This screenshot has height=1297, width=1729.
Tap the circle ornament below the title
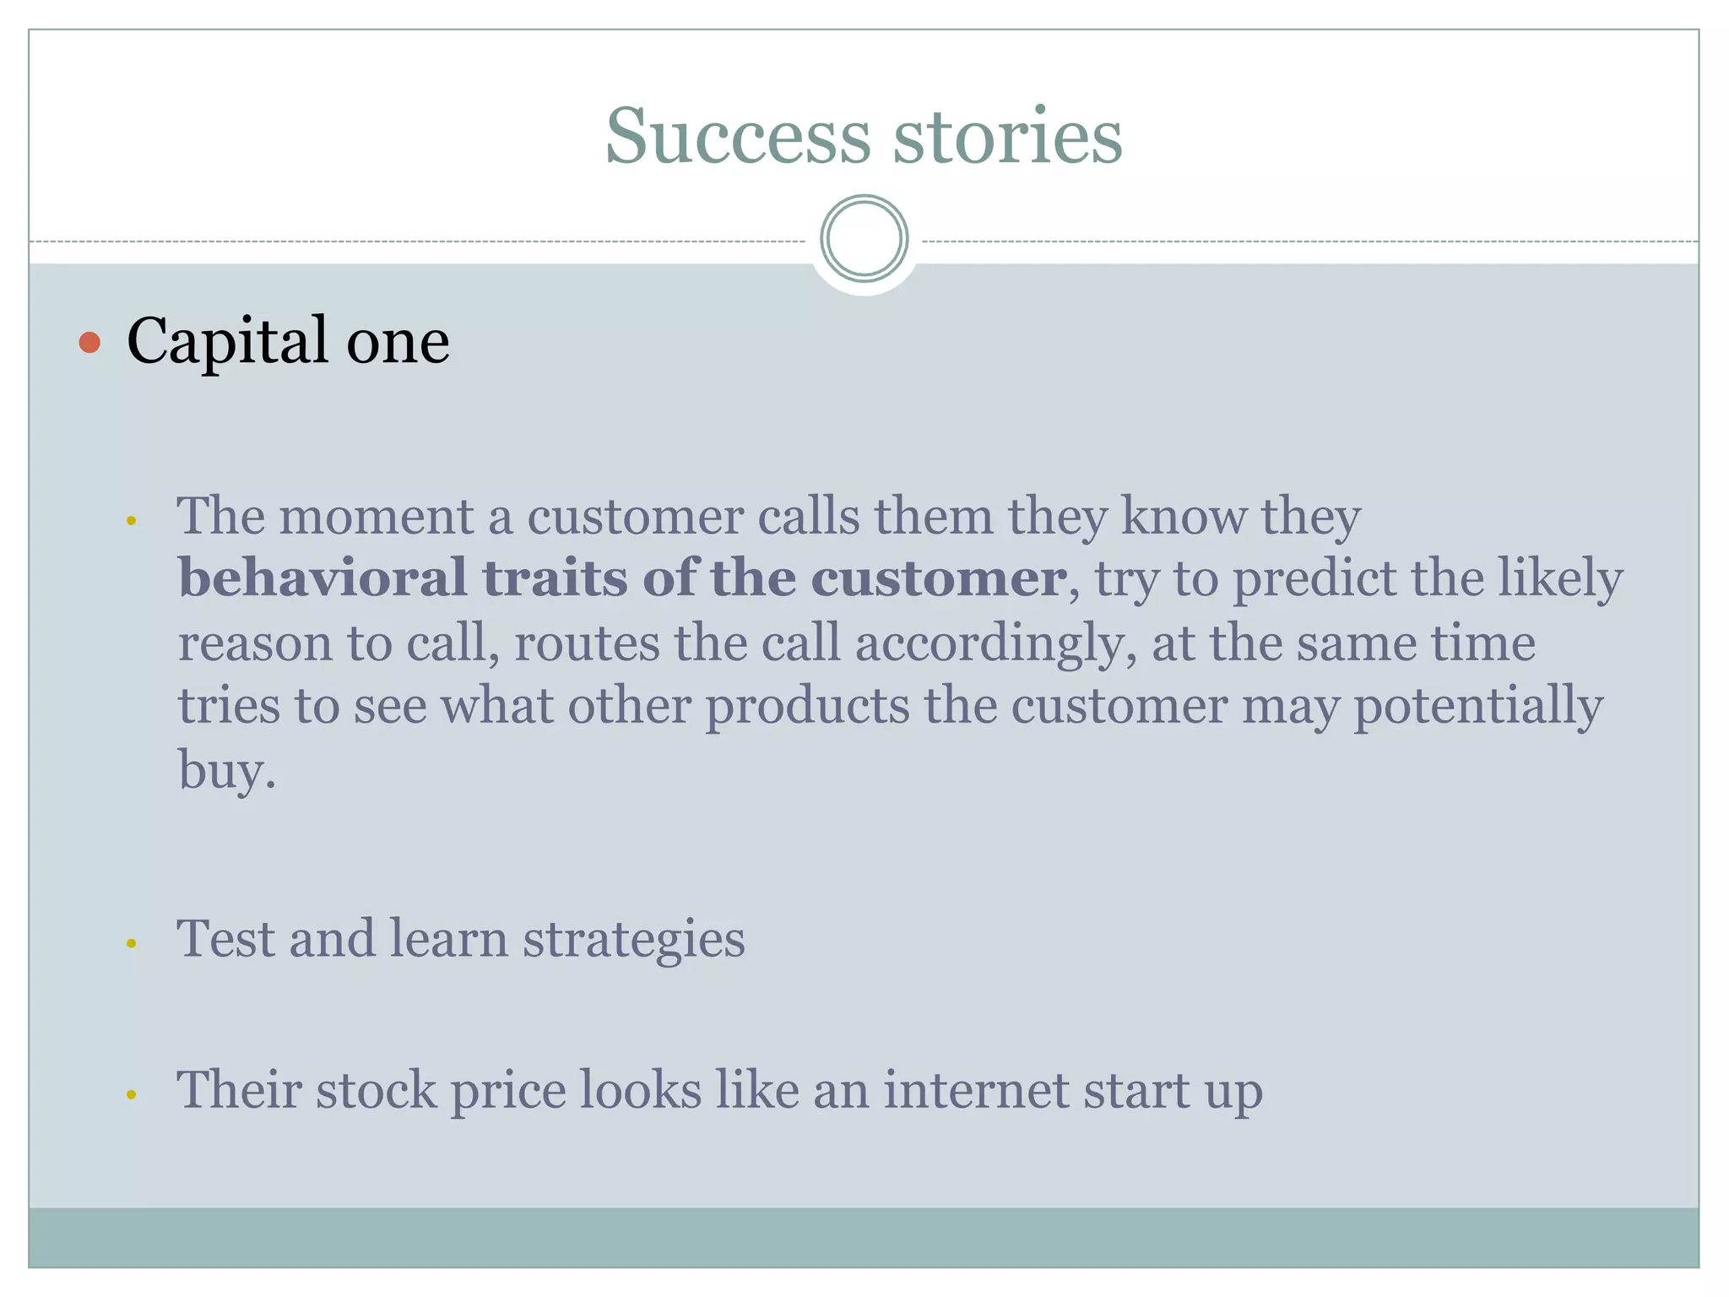(864, 239)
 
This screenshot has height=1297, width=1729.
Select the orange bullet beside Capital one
(89, 343)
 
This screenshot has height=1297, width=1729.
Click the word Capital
(227, 342)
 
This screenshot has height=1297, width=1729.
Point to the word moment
(376, 516)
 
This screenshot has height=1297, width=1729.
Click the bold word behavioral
(322, 578)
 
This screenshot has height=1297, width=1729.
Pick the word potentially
(1477, 708)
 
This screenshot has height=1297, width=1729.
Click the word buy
(225, 771)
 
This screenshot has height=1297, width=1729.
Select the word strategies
(633, 940)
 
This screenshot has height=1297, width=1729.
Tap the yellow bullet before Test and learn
(131, 944)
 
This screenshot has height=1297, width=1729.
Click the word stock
(376, 1090)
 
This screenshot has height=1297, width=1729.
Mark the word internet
(976, 1090)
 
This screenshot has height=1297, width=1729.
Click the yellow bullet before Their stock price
(131, 1095)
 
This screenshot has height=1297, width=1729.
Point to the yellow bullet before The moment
(131, 521)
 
